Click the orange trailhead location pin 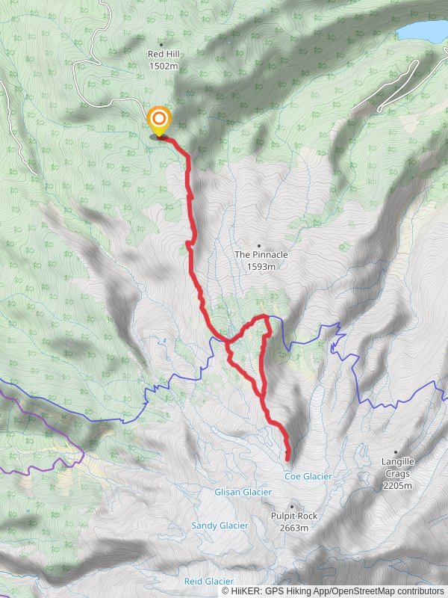(x=158, y=120)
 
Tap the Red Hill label (x=164, y=55)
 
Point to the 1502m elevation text (x=164, y=66)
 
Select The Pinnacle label (x=261, y=255)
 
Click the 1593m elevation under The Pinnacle (x=261, y=266)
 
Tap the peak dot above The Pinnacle (x=259, y=244)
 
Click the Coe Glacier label (x=308, y=476)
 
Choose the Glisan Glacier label (x=243, y=492)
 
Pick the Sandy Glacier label (x=220, y=525)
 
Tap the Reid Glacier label (x=209, y=581)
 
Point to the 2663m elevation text (x=293, y=528)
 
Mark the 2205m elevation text (x=397, y=485)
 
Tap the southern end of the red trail (x=288, y=457)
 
